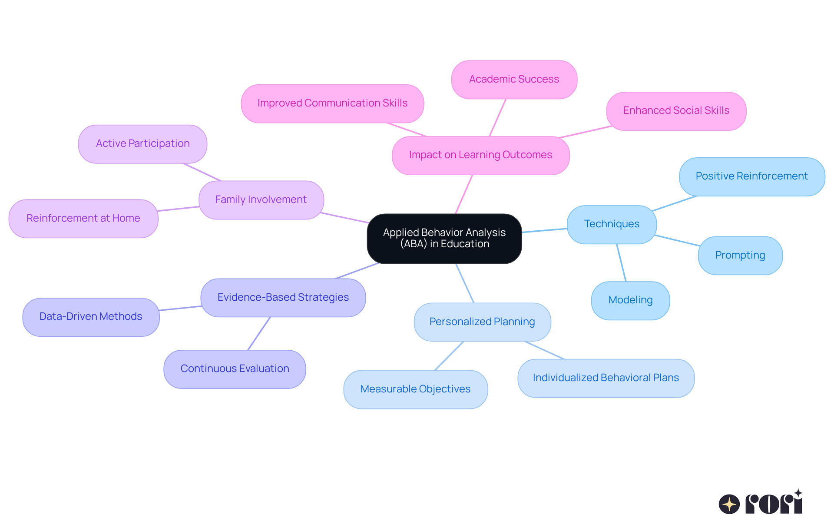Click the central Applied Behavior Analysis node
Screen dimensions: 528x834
444,239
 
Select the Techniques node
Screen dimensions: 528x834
612,224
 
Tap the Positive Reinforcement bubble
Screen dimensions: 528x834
752,176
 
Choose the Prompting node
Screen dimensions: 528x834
740,256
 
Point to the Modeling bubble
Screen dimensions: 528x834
630,300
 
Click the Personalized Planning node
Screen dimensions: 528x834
482,322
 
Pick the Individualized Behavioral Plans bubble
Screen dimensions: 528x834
606,378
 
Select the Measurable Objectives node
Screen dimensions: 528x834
415,389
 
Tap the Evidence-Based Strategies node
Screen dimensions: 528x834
283,298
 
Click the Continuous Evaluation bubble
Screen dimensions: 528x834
235,369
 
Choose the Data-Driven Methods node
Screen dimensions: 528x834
91,317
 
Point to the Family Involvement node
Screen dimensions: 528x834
261,200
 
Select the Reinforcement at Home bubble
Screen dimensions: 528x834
83,219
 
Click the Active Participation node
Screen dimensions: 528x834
142,144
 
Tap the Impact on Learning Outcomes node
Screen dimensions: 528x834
480,155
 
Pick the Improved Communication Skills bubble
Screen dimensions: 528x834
332,103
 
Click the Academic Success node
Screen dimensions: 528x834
514,80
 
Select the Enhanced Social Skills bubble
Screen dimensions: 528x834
676,111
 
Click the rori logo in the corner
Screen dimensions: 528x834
761,503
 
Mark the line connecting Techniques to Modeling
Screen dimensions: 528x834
622,263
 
